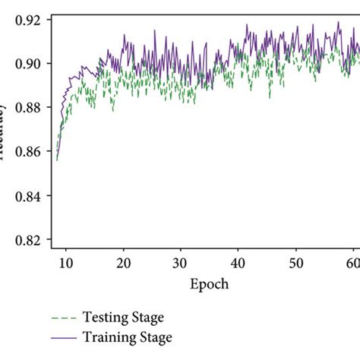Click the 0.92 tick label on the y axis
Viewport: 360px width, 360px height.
pos(23,18)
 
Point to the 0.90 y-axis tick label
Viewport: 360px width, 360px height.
pos(23,63)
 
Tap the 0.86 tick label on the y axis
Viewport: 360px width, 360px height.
pos(23,151)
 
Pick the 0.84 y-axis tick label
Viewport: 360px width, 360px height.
pos(23,195)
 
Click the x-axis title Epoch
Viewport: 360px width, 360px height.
pos(209,284)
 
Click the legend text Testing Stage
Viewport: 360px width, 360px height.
pos(126,318)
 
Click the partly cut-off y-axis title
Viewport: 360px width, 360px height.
pos(3,129)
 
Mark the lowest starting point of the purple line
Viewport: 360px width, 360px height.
pos(57,159)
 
